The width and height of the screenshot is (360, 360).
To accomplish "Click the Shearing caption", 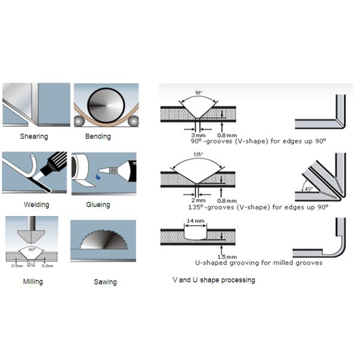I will tap(34, 136).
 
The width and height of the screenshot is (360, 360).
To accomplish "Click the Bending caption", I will tap(98, 136).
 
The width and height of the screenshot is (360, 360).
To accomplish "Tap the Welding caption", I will tap(37, 205).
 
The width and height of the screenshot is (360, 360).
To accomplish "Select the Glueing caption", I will tap(98, 205).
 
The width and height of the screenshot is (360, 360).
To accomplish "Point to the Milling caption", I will tap(32, 281).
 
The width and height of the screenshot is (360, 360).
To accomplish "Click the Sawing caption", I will tap(105, 281).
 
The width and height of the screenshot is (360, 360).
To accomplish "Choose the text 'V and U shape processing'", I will tap(214, 280).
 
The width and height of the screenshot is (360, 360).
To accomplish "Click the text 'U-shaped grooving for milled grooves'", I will tap(259, 262).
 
